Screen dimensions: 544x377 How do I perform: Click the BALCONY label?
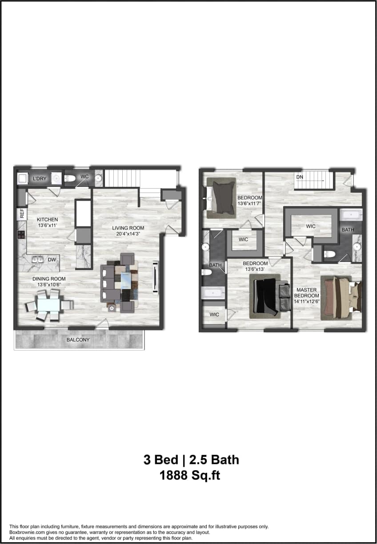(78, 340)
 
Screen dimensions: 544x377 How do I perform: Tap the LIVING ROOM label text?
(128, 228)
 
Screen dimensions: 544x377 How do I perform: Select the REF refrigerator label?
(21, 214)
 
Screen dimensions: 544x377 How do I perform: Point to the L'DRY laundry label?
(39, 179)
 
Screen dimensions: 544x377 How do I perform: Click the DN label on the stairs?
(300, 177)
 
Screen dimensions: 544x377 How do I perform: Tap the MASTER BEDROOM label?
(307, 293)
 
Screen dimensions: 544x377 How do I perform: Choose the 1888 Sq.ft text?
(190, 476)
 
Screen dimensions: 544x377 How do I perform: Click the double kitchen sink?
(37, 259)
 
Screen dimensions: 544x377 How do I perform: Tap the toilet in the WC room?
(70, 179)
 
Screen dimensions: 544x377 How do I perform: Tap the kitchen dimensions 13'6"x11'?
(48, 226)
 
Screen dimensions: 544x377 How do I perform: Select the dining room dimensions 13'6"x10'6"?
(49, 285)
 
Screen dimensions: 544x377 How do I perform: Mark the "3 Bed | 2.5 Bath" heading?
(191, 459)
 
